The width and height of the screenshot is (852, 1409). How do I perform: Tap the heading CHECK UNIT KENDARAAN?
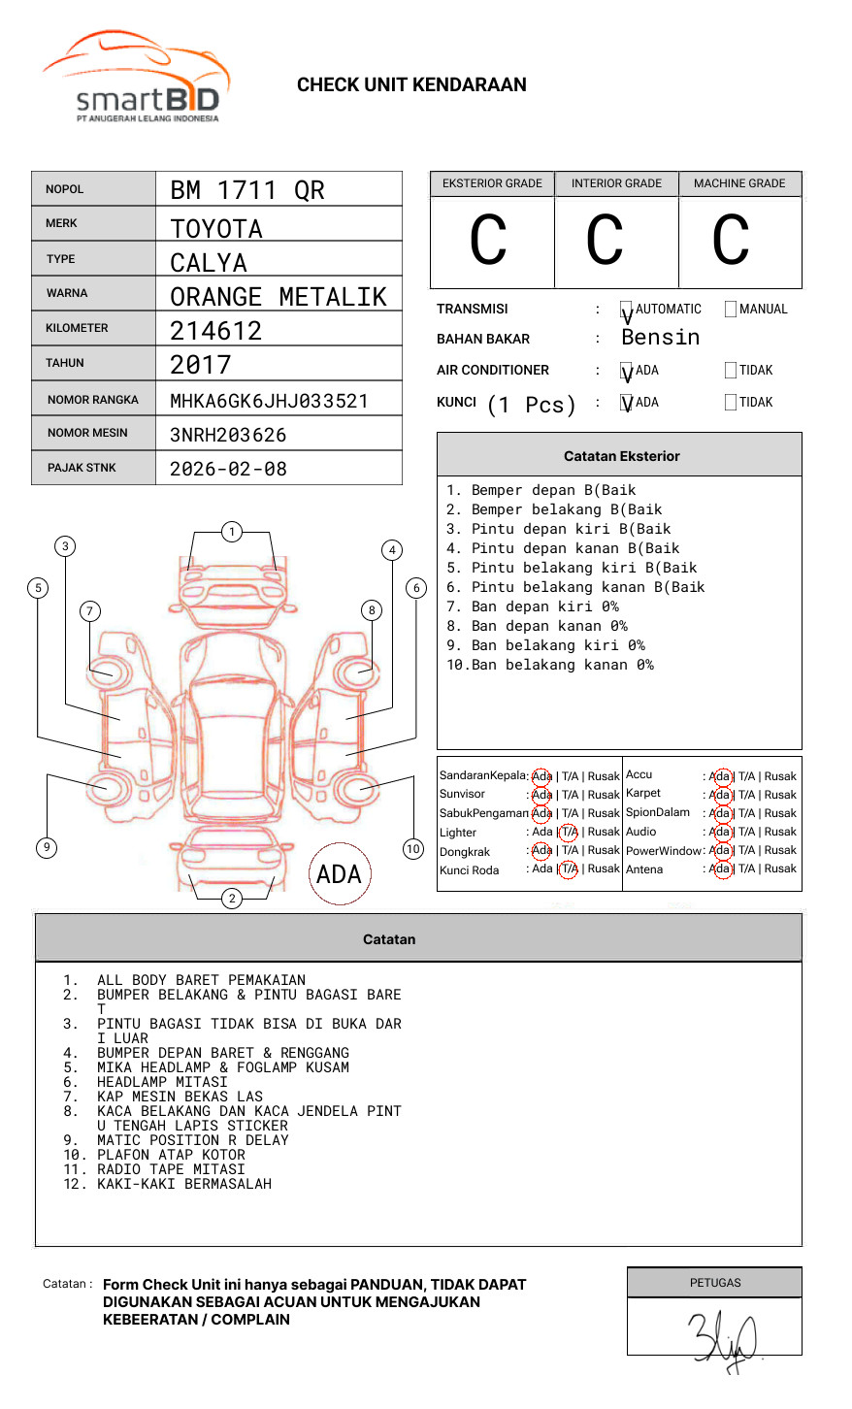411,85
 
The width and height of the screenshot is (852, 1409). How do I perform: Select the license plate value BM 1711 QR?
247,190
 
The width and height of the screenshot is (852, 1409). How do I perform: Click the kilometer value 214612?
216,331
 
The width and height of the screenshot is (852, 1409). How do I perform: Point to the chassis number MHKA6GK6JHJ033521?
269,401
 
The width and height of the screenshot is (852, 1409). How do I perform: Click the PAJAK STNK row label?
81,468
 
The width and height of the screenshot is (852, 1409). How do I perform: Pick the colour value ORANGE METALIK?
279,297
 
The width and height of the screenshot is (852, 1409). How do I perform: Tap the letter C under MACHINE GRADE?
731,241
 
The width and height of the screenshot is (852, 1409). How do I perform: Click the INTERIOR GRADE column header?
616,183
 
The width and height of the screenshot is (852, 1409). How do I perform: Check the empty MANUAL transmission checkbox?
731,310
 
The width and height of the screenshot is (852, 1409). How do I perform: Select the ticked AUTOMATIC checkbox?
626,311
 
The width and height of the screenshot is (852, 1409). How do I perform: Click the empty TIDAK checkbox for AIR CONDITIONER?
731,371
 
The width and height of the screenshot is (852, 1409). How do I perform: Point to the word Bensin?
660,338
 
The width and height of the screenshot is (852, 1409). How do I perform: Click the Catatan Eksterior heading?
621,456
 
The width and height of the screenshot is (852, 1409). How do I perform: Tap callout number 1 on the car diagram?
231,532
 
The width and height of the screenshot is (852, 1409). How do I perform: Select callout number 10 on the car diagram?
413,849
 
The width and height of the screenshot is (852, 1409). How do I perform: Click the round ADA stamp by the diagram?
339,874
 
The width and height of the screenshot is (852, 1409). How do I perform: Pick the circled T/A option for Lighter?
569,833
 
